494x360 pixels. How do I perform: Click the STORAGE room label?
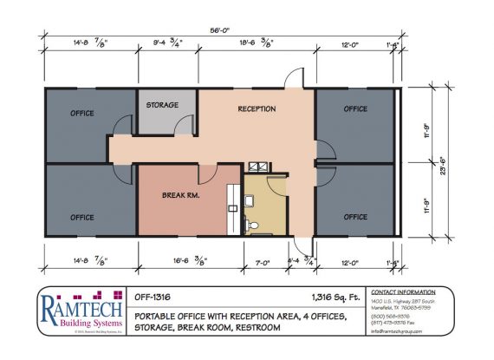point(162,105)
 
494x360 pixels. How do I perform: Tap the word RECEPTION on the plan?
point(257,109)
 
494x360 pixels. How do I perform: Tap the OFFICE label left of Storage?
point(82,112)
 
